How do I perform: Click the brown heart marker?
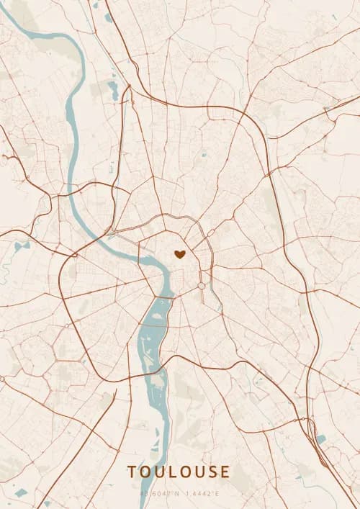click(x=179, y=253)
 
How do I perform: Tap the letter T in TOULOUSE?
click(x=132, y=472)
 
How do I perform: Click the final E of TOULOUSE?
click(x=225, y=472)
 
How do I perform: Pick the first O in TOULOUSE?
click(x=145, y=472)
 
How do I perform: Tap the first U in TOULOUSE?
click(x=159, y=472)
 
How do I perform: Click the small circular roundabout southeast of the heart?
click(x=202, y=286)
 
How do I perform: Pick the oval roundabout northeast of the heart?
click(x=211, y=233)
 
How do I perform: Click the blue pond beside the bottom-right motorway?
click(x=320, y=438)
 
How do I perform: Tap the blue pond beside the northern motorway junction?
click(x=113, y=90)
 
